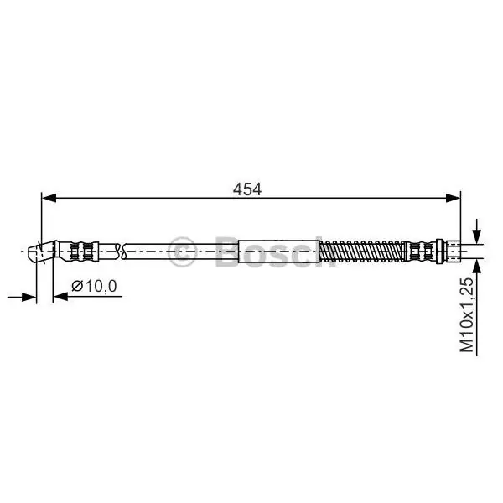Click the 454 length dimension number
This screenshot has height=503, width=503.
pos(247,189)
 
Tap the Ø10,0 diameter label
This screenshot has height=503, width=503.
pos(94,286)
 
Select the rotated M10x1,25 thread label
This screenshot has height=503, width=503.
pos(466,315)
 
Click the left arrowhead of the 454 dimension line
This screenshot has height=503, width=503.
pos(49,198)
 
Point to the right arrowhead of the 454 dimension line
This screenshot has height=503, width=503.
pos(453,198)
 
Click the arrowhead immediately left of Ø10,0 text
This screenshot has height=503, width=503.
pos(60,297)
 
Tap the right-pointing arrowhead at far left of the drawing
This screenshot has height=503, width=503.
pos(29,297)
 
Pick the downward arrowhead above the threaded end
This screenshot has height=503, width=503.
pos(477,237)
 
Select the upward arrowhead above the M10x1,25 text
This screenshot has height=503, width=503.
pos(477,266)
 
